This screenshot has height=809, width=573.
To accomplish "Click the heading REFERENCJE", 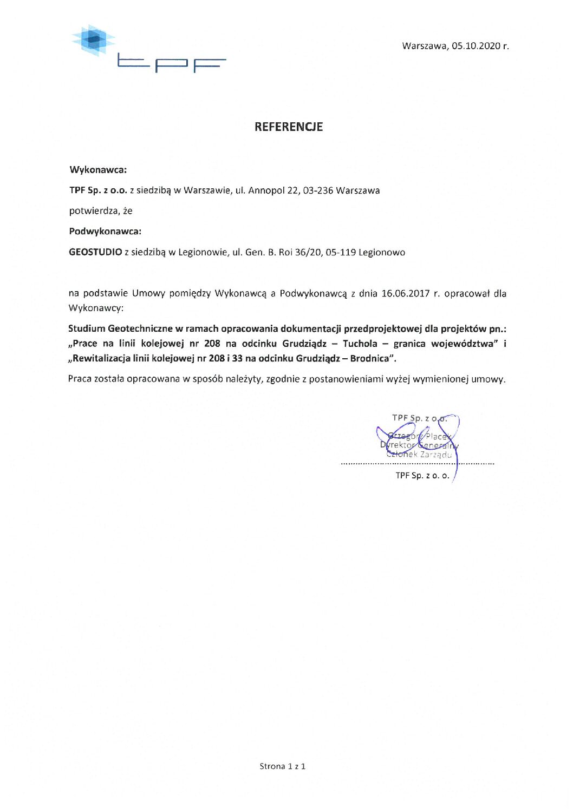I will point(289,127).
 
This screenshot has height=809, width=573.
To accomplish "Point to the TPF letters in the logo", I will point(171,64).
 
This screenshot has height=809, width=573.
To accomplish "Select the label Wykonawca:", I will point(98,170).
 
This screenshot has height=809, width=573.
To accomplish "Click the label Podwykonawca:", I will point(105,232).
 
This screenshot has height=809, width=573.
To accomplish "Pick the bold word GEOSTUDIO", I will point(95,252).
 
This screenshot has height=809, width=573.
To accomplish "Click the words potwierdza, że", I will point(101,211).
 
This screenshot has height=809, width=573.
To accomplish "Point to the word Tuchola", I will point(360,344).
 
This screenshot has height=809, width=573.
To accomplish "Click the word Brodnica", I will point(370,358).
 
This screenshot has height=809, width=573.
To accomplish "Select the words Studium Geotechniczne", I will point(120,328).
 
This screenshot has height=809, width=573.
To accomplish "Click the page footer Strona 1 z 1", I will point(283,766).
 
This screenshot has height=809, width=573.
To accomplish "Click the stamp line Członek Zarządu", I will point(419,455).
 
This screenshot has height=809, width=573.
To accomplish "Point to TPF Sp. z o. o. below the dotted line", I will point(422,476).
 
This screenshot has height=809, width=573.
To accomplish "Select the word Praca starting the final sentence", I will point(80,379).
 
